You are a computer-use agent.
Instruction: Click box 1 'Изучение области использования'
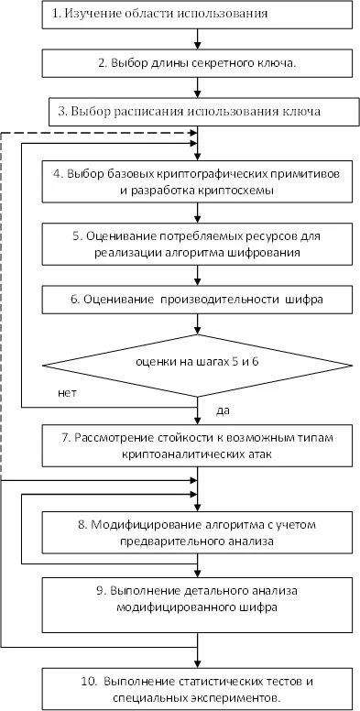pos(198,15)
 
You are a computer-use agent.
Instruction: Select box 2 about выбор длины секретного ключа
pos(198,63)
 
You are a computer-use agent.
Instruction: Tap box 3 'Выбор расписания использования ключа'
pos(198,112)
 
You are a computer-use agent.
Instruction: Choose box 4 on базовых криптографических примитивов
pos(198,181)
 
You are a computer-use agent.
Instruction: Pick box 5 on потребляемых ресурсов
pos(198,243)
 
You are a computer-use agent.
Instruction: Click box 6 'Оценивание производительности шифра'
pos(198,300)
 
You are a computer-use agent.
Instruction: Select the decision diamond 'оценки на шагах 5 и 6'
pos(198,365)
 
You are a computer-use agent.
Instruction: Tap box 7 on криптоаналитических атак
pos(198,445)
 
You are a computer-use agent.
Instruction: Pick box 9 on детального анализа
pos(198,597)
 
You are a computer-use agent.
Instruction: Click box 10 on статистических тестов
pos(198,689)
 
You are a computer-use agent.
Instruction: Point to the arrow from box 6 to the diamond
pos(198,325)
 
